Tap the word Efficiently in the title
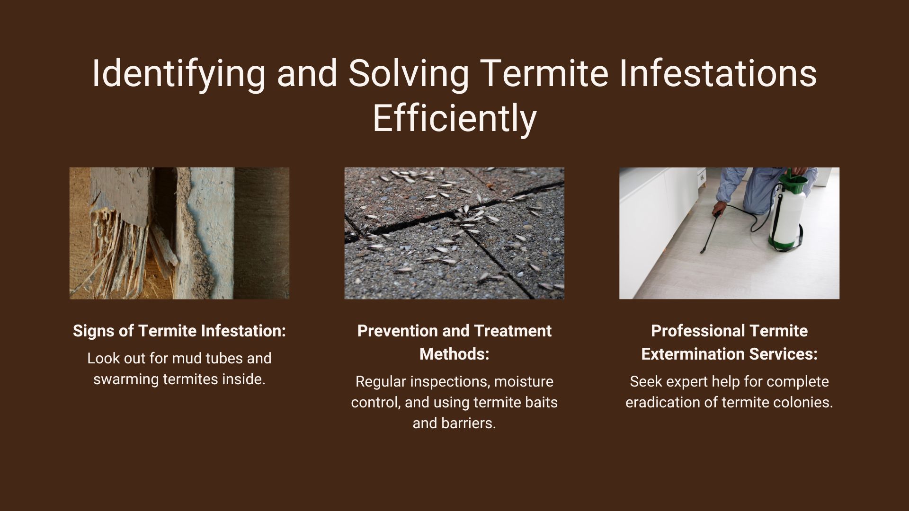[x=454, y=118]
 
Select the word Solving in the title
[x=408, y=73]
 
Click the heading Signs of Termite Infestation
[x=179, y=331]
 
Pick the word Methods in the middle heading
[x=454, y=353]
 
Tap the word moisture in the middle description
[x=524, y=381]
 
